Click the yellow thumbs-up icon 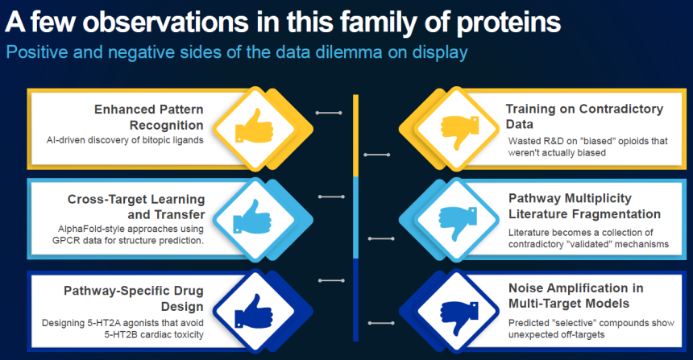254,126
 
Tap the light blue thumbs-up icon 251,217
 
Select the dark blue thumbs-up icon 254,311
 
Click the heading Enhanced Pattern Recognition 149,117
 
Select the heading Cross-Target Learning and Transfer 136,207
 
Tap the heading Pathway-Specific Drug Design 134,298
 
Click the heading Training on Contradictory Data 584,116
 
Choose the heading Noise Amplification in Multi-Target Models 576,296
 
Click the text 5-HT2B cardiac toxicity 154,334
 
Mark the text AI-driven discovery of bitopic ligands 125,140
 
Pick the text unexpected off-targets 557,334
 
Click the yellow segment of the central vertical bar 356,135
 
